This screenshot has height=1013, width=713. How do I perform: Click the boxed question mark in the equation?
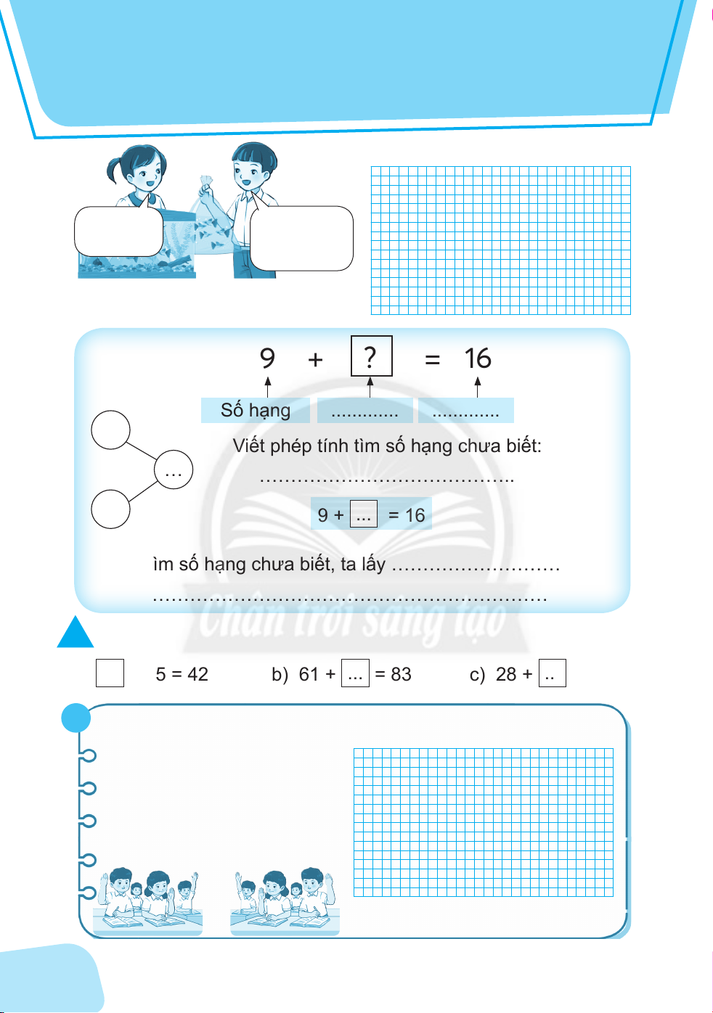coord(371,356)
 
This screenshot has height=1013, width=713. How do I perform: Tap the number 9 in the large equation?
coord(267,358)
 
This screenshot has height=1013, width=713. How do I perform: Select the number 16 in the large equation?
coord(478,358)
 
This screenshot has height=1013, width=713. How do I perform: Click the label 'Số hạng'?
coord(256,410)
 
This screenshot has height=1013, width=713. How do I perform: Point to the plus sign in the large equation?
coord(315,359)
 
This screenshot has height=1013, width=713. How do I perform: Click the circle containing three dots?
coord(174,469)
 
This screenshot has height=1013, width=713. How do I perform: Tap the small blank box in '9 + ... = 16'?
coord(363,514)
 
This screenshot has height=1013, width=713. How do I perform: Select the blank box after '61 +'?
coord(355,673)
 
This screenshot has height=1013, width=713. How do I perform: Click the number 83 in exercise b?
coord(401,674)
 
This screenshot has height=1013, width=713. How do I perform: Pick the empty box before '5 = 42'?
coord(110,673)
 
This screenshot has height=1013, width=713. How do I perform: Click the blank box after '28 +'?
coord(552,673)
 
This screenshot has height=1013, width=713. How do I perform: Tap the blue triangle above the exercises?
coord(76,633)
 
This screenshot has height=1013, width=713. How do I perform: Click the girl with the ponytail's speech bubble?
coord(118,231)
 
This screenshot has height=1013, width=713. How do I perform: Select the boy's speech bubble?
coord(301,238)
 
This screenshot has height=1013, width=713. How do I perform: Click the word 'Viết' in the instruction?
coord(248,446)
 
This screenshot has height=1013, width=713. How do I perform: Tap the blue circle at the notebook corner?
coord(76,718)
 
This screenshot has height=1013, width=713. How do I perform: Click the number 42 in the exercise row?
coord(197,674)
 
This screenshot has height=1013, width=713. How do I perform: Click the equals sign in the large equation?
coord(433,359)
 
